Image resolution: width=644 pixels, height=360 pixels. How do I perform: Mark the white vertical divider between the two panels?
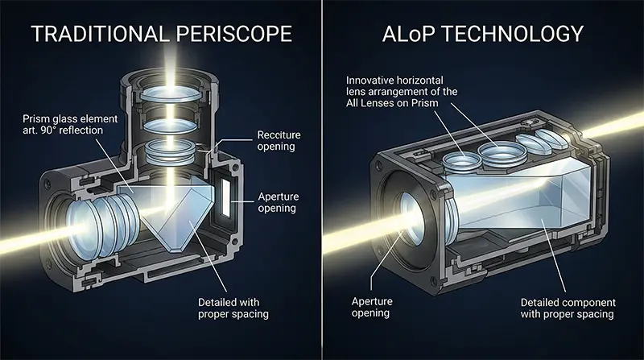pyautogui.click(x=322, y=180)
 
